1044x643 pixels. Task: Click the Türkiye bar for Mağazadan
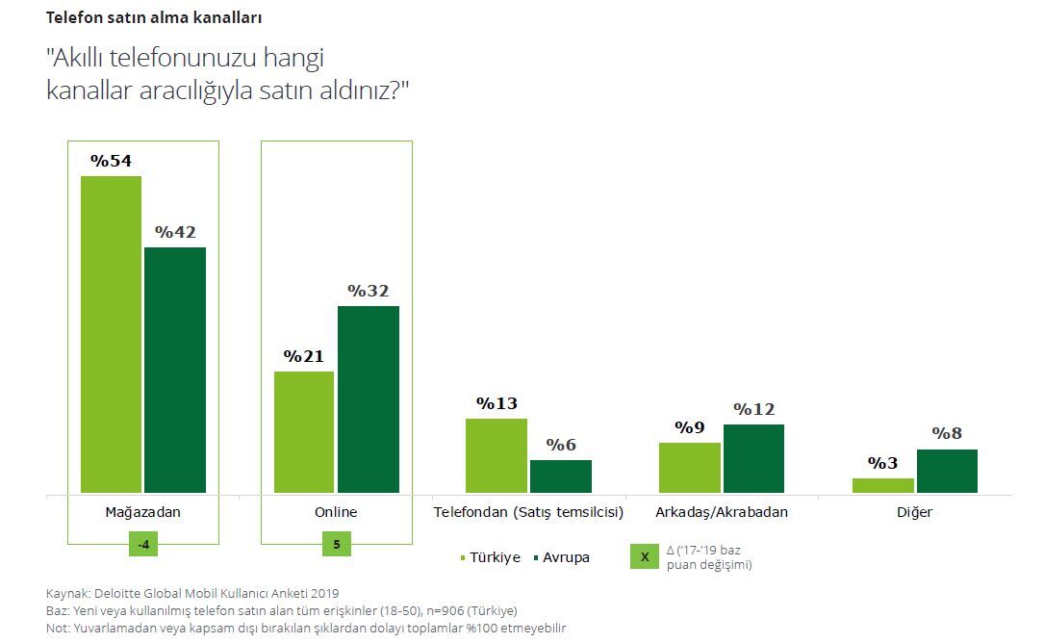pyautogui.click(x=111, y=334)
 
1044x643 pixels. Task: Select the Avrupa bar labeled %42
pyautogui.click(x=175, y=370)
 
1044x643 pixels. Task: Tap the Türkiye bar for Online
pyautogui.click(x=304, y=432)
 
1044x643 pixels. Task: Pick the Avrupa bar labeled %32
pyautogui.click(x=369, y=399)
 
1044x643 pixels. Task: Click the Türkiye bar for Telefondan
pyautogui.click(x=497, y=455)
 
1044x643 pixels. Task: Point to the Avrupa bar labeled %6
pyautogui.click(x=561, y=476)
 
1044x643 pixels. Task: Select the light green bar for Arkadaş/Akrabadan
pyautogui.click(x=690, y=468)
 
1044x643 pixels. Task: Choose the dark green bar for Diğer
pyautogui.click(x=947, y=471)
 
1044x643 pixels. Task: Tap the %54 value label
pyautogui.click(x=111, y=162)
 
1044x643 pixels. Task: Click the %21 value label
pyautogui.click(x=304, y=356)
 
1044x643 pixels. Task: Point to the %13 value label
pyautogui.click(x=497, y=403)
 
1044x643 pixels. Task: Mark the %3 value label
pyautogui.click(x=882, y=463)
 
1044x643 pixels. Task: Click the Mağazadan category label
pyautogui.click(x=142, y=512)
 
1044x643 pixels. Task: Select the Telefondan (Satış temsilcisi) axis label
pyautogui.click(x=529, y=512)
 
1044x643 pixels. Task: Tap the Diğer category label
pyautogui.click(x=914, y=512)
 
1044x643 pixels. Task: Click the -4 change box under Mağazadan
pyautogui.click(x=142, y=544)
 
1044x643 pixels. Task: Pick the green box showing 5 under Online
pyautogui.click(x=337, y=544)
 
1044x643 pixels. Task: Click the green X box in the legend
pyautogui.click(x=645, y=557)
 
